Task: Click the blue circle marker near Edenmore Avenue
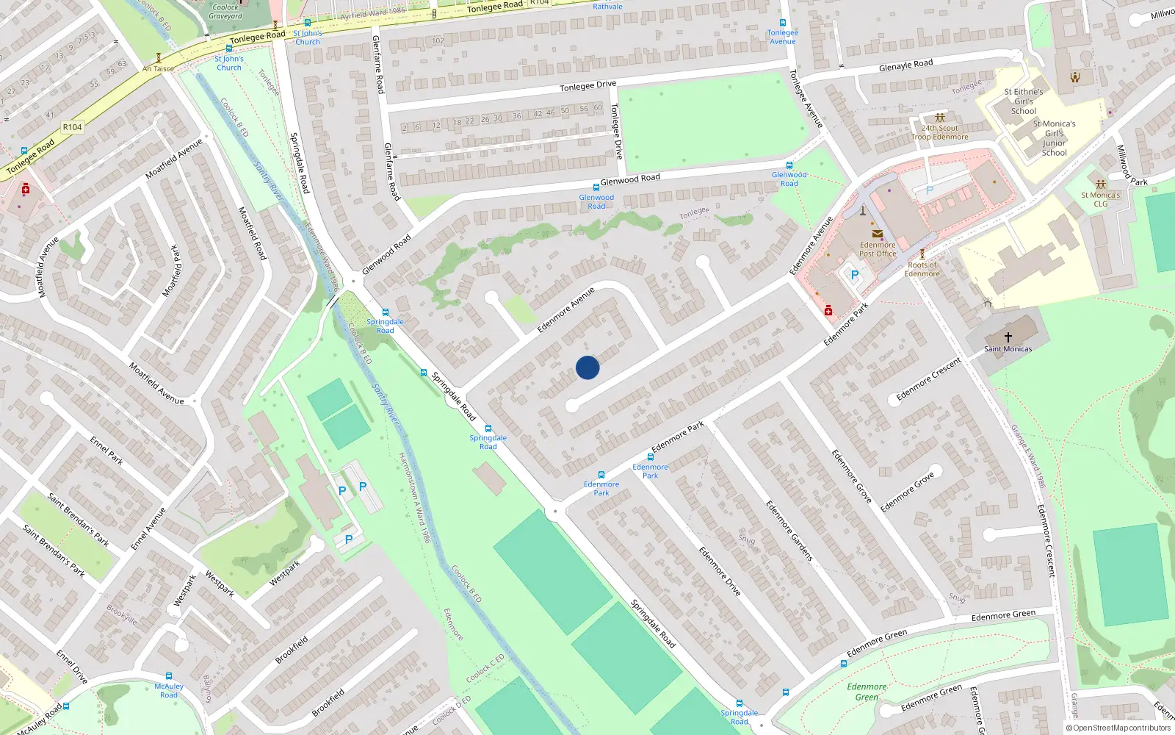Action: [587, 367]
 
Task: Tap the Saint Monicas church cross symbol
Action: [1008, 337]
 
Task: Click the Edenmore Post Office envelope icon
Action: [877, 234]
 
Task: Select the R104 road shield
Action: [72, 127]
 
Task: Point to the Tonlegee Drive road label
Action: [587, 86]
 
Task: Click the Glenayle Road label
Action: [905, 65]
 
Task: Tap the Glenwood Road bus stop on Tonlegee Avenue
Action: [789, 165]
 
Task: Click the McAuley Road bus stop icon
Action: [169, 676]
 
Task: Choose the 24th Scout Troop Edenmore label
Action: [939, 132]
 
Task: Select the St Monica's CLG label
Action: [1100, 199]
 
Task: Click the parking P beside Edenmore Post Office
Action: [854, 275]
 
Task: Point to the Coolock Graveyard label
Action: [225, 11]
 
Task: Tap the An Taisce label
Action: [159, 69]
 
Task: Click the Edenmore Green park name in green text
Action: [867, 692]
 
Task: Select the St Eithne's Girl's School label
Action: [1023, 101]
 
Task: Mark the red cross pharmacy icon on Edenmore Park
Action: [828, 311]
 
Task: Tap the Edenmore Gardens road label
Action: [789, 531]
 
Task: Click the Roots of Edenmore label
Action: [922, 269]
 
